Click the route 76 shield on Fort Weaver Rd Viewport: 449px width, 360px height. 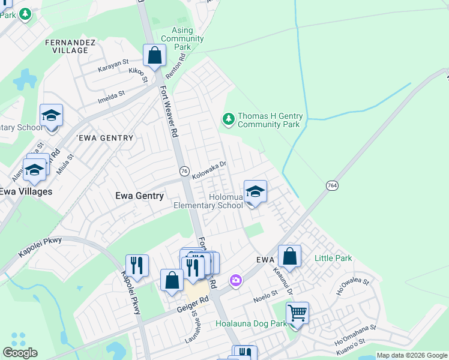[x=184, y=171]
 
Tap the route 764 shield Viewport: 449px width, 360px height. [x=332, y=185]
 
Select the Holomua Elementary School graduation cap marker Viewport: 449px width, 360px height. [x=255, y=193]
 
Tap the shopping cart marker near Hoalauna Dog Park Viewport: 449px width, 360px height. [x=297, y=314]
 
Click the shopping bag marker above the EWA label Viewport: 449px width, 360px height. [x=289, y=257]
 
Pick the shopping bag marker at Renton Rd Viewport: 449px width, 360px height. [x=155, y=56]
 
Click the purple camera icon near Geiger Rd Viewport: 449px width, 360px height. [x=236, y=280]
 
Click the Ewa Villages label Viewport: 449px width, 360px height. [x=25, y=191]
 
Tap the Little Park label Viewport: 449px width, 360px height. [x=333, y=259]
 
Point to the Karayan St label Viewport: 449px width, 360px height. [x=114, y=62]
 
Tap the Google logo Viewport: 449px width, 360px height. [x=20, y=353]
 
